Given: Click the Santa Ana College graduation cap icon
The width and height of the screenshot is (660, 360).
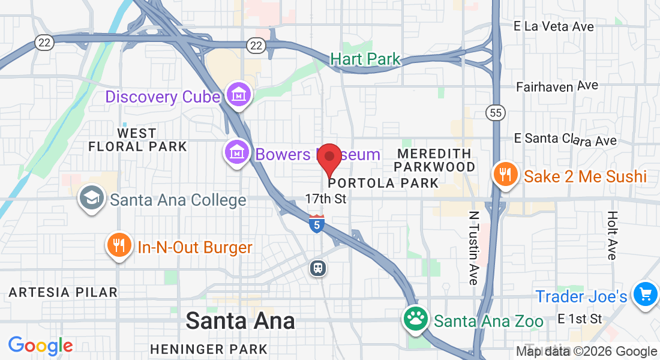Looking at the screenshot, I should coord(92,198).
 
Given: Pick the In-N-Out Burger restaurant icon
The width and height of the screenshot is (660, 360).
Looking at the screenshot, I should coord(119,245).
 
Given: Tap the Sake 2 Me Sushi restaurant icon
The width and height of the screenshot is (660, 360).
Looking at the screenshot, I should coord(505,174).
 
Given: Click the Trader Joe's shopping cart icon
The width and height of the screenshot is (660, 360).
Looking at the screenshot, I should coord(646,295).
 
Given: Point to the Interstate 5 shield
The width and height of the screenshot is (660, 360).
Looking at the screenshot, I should coord(317,224).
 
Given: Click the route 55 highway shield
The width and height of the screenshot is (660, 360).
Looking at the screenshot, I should coord(496,112).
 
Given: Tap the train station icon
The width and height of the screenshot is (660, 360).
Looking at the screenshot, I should coord(318,268).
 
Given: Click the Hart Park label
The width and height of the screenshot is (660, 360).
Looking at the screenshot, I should coord(365,59).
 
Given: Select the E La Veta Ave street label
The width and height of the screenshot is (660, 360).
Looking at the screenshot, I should coord(554,26).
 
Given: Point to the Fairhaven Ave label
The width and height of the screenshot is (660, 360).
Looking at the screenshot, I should coord(557,86).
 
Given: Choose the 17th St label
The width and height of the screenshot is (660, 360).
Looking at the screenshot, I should coord(326,198).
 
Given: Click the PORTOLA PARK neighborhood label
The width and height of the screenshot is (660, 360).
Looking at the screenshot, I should coord(384,183).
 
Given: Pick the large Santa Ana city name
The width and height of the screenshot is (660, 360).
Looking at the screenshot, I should coord(240,320).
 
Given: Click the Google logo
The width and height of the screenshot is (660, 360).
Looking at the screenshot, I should coord(40,346).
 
